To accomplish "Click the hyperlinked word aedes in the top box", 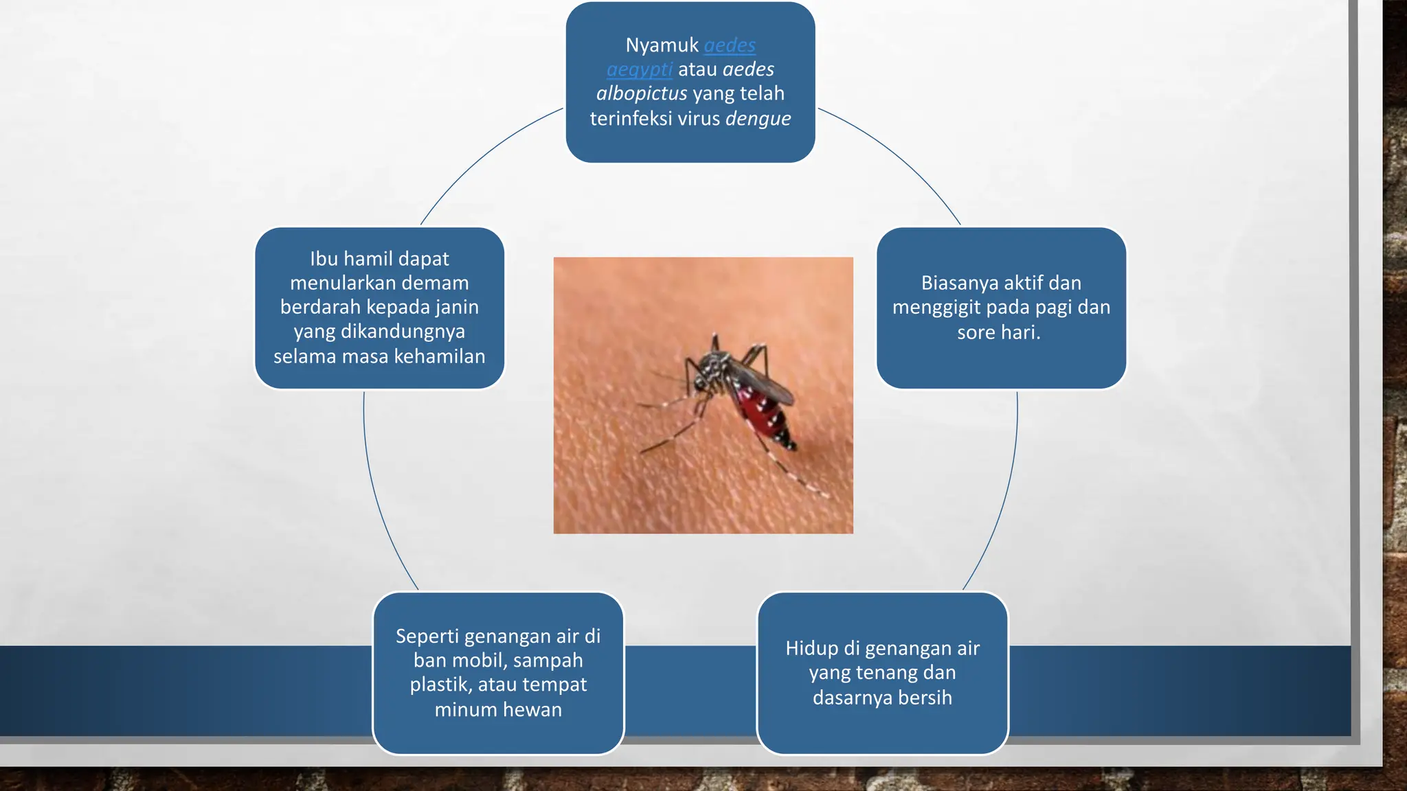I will tap(730, 45).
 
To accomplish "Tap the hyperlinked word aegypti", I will tap(639, 69).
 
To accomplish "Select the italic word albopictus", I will tap(641, 93).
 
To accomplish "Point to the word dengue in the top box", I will tap(758, 119).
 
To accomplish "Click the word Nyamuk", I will tap(662, 45).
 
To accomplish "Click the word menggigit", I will tap(936, 307).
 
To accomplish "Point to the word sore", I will tap(975, 332).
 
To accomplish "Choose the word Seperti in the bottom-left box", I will tap(427, 637).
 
